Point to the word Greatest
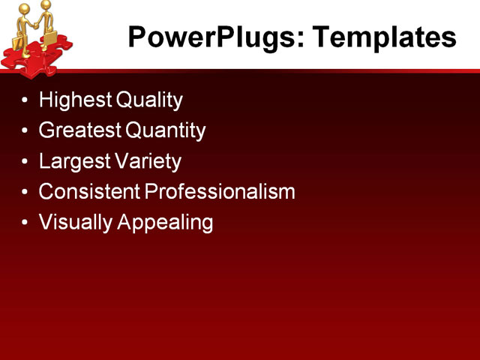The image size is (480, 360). [80, 130]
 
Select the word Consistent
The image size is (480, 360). [89, 192]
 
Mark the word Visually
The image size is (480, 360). [74, 223]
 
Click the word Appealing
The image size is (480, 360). [166, 223]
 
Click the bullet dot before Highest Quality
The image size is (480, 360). [27, 100]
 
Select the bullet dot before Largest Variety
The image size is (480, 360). [27, 162]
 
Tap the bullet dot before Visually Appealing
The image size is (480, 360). [27, 223]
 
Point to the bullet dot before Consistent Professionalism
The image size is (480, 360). [27, 193]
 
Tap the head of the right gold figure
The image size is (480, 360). [46, 6]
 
